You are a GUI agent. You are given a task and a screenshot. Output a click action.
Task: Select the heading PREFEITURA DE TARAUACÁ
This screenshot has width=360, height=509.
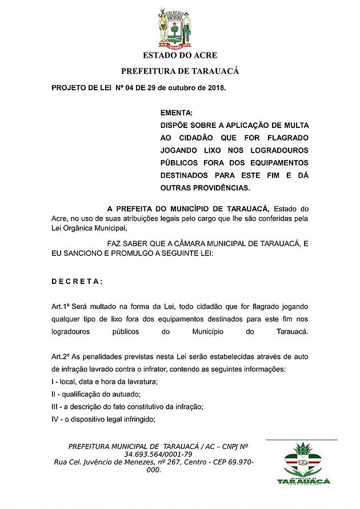[x=179, y=71]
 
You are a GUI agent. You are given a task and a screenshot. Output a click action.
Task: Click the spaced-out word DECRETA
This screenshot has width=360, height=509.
[x=77, y=281]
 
